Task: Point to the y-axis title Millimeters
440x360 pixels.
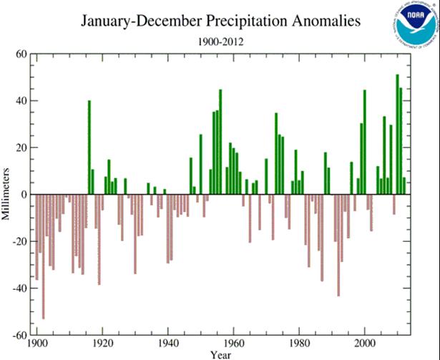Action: click(6, 193)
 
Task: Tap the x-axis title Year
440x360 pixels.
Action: click(221, 354)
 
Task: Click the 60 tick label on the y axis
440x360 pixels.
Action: click(20, 54)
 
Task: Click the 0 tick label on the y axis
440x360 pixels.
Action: click(23, 195)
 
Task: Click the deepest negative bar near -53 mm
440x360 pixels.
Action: click(44, 256)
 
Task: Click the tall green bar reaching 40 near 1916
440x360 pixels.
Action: click(89, 147)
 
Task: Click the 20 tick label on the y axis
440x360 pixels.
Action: click(20, 148)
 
